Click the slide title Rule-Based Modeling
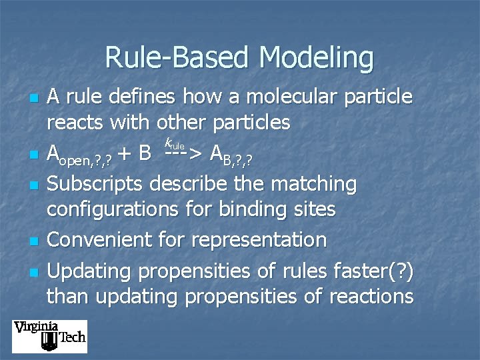click(239, 57)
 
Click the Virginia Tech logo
click(49, 336)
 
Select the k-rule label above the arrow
click(174, 143)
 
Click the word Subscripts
click(97, 183)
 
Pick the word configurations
click(112, 210)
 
